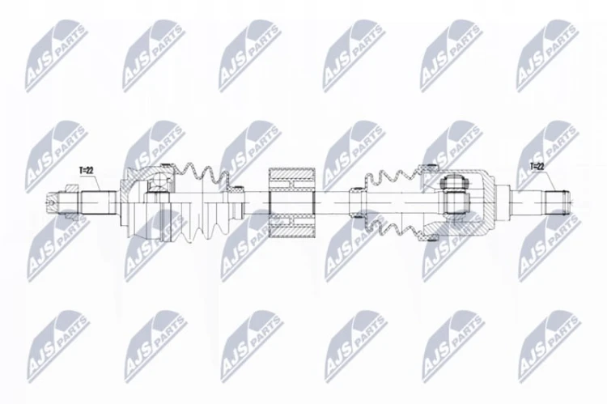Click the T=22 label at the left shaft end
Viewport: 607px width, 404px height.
tap(87, 170)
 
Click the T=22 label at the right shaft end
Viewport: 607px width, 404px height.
tap(537, 167)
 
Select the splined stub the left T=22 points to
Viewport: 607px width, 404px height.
tap(99, 202)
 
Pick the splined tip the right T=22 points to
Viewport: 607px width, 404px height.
tap(557, 202)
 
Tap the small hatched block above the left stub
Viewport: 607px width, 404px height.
tap(71, 188)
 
